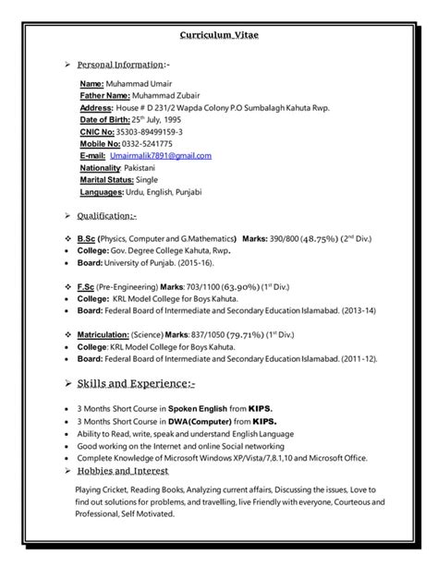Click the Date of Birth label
click(x=103, y=119)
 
